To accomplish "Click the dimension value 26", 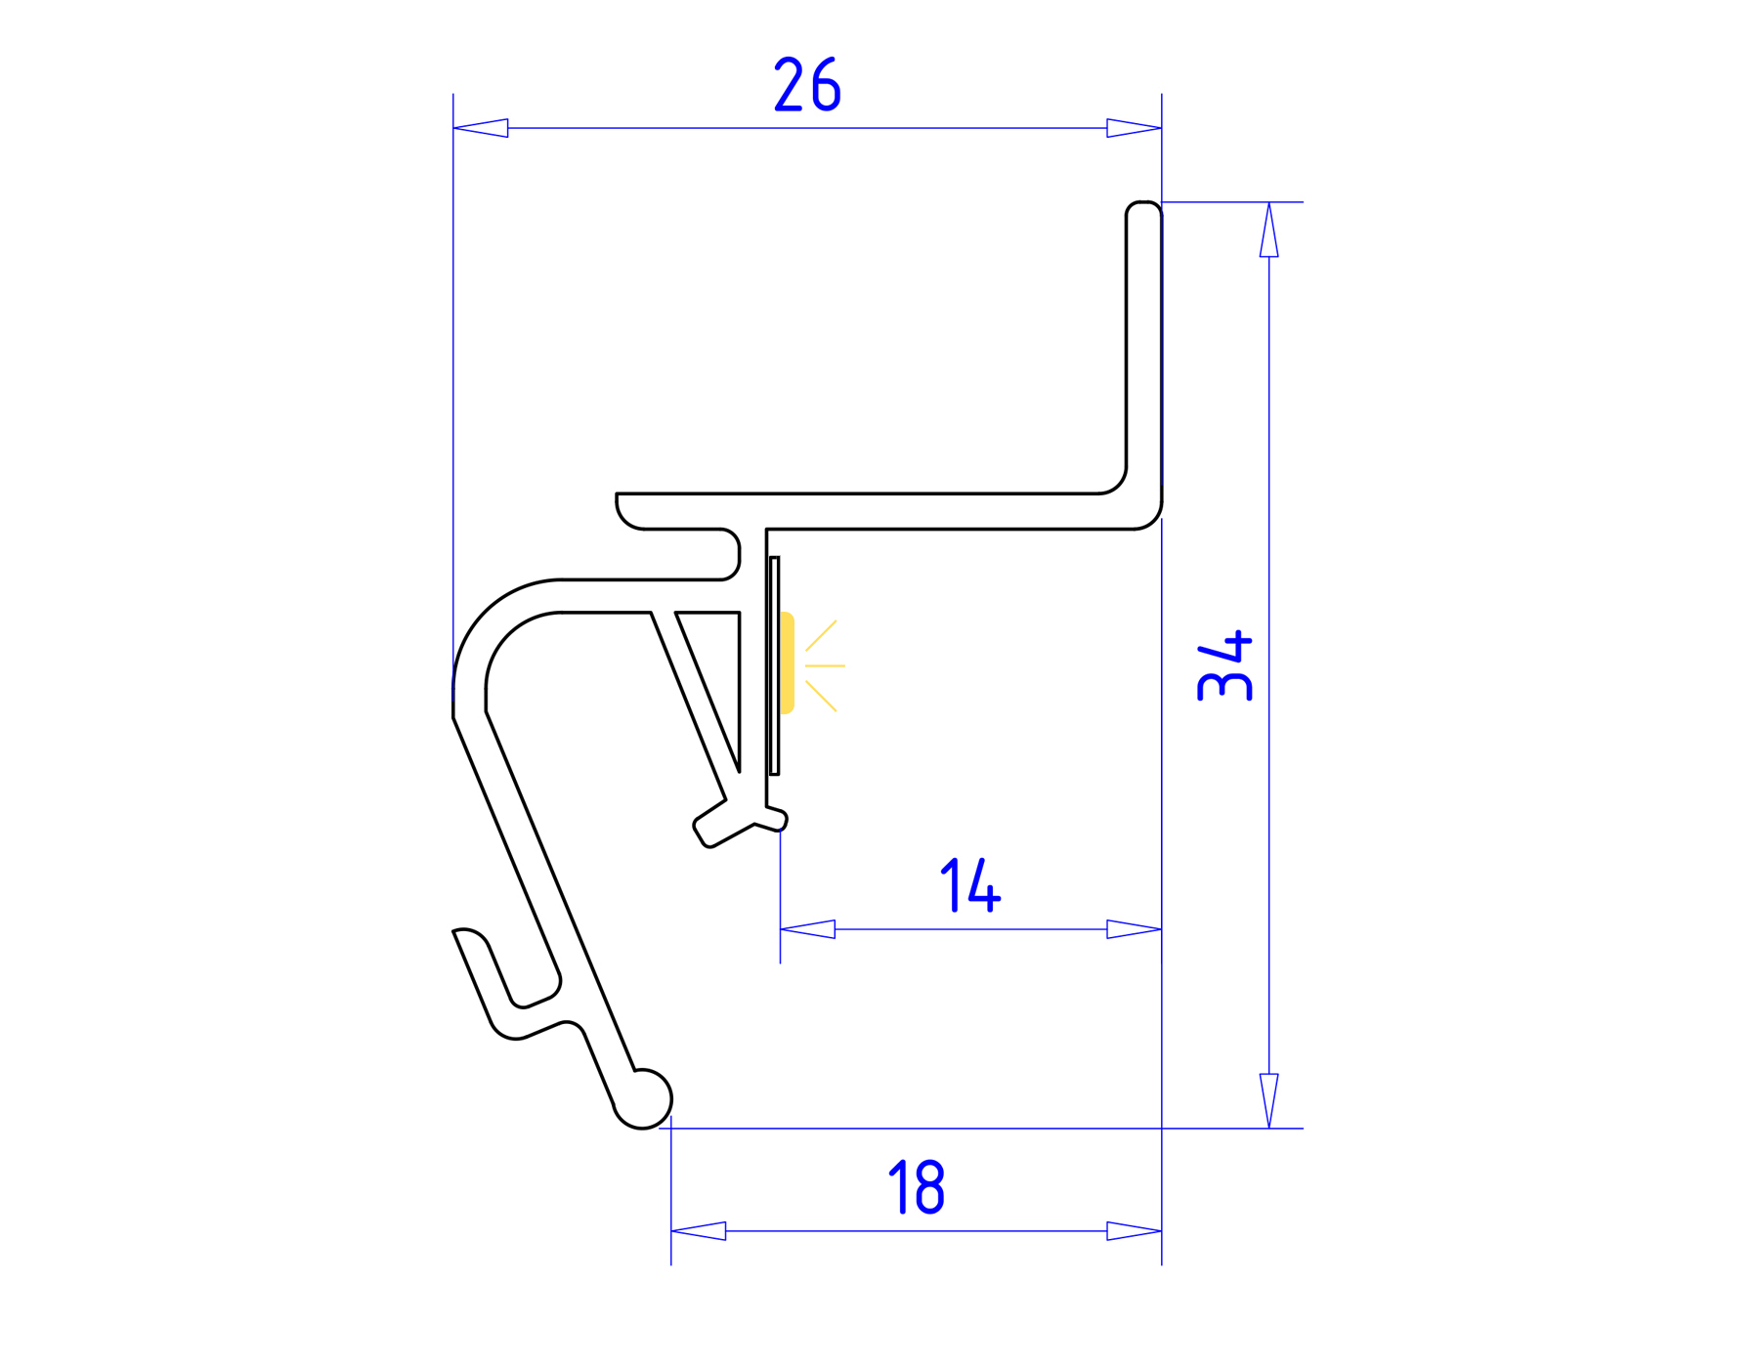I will (807, 85).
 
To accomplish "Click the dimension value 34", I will (1224, 666).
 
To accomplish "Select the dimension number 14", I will (970, 885).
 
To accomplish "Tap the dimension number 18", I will (916, 1187).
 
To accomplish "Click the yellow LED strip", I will (787, 663).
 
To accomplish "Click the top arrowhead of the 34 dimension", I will (1268, 231).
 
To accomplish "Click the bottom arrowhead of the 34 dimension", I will (1268, 1100).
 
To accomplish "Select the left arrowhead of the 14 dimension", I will (808, 929).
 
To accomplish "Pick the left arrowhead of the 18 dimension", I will (699, 1231).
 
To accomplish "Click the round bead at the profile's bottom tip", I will (643, 1099).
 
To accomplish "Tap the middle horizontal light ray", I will (825, 666).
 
